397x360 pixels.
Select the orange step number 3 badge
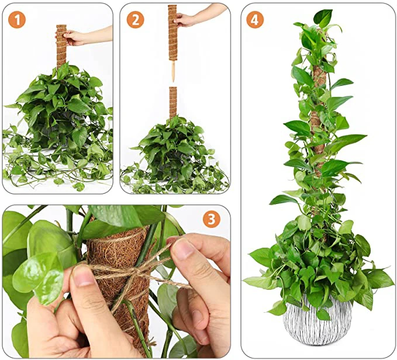pos(211,219)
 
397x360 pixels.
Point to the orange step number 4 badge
pos(254,19)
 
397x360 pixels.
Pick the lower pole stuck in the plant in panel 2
pos(172,102)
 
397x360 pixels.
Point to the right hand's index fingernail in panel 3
pos(182,250)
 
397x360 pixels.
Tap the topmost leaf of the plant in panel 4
pos(322,17)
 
